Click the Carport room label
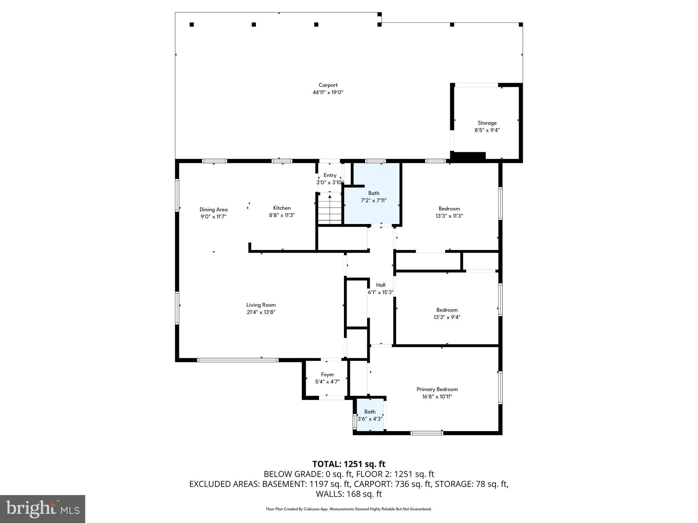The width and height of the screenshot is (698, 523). pyautogui.click(x=328, y=85)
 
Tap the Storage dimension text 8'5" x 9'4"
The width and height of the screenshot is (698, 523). pyautogui.click(x=487, y=130)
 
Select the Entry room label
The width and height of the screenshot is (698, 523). pyautogui.click(x=330, y=175)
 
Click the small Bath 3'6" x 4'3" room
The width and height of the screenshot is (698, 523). pyautogui.click(x=370, y=415)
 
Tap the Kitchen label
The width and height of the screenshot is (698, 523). pyautogui.click(x=282, y=208)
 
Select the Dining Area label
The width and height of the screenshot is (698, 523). pyautogui.click(x=213, y=209)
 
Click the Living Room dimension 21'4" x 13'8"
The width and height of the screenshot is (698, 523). pyautogui.click(x=261, y=312)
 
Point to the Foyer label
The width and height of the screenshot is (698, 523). pyautogui.click(x=327, y=375)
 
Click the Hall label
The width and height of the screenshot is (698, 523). pyautogui.click(x=381, y=285)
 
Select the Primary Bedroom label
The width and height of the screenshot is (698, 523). pyautogui.click(x=437, y=389)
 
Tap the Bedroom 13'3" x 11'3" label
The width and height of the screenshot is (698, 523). pyautogui.click(x=449, y=209)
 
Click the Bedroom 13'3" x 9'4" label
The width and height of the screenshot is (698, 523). pyautogui.click(x=447, y=310)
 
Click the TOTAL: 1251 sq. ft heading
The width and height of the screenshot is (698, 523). pyautogui.click(x=349, y=464)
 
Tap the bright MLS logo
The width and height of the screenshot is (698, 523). pyautogui.click(x=43, y=509)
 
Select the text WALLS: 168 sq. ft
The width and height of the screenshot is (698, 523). pyautogui.click(x=349, y=494)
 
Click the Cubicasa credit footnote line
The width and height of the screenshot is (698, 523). pyautogui.click(x=349, y=509)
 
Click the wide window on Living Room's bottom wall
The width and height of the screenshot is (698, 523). pyautogui.click(x=238, y=360)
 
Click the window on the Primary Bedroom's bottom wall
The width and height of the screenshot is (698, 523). pyautogui.click(x=427, y=433)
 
